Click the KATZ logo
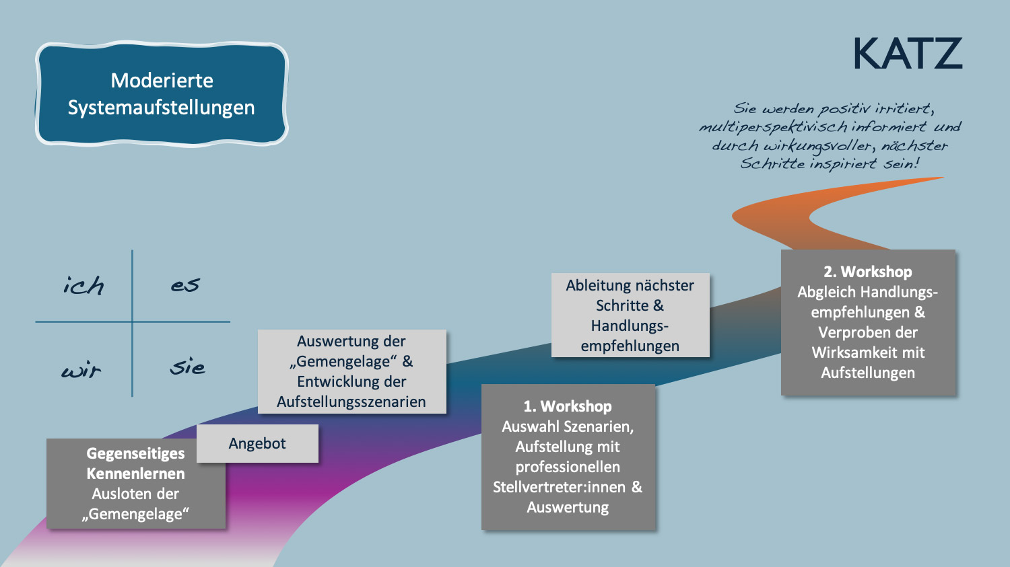[908, 54]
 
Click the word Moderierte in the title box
[162, 81]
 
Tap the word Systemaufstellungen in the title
[162, 108]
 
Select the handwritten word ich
[83, 286]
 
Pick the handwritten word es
[185, 285]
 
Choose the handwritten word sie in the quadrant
[187, 367]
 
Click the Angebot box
[257, 443]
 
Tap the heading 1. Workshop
[568, 406]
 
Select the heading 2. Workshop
[867, 272]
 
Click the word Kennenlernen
[135, 474]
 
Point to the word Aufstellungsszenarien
[351, 402]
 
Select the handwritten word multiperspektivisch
[772, 126]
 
